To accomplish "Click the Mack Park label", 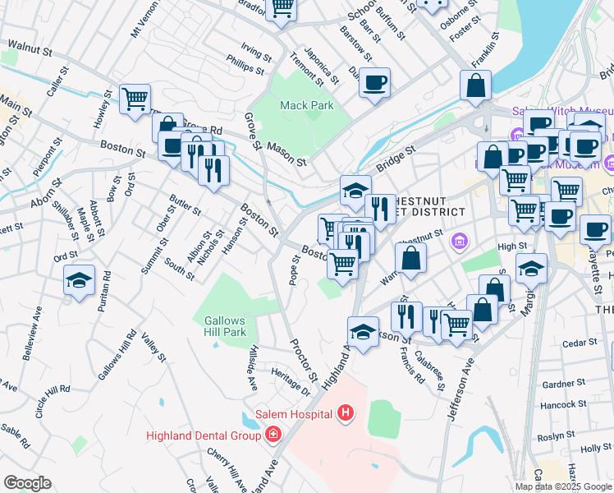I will [306, 105].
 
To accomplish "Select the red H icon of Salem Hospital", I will [346, 412].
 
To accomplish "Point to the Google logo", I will [27, 483].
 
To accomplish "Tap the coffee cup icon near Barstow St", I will [374, 82].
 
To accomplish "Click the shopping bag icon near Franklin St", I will [475, 85].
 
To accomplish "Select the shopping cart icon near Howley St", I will [135, 99].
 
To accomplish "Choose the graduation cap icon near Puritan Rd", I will [79, 280].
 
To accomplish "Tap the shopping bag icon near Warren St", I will [410, 258].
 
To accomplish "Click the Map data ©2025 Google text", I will [563, 486].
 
